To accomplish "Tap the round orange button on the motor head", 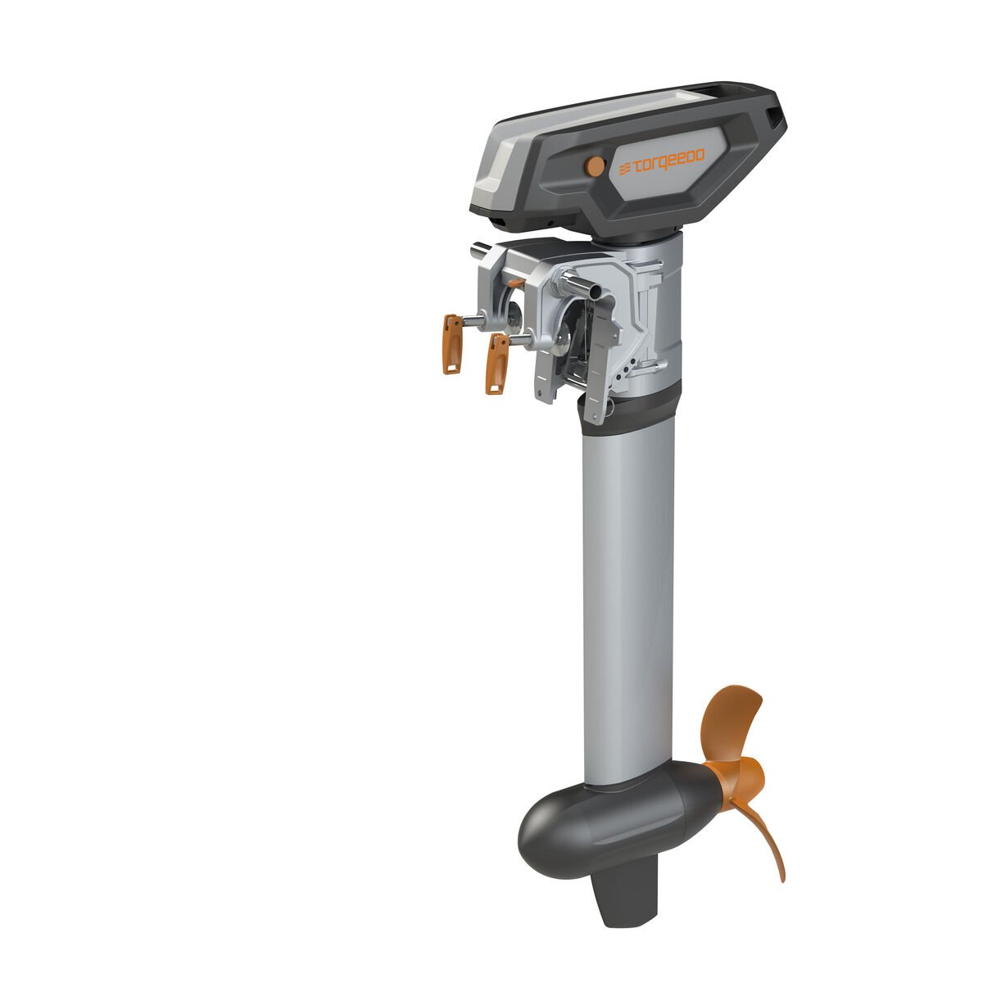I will tap(593, 165).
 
